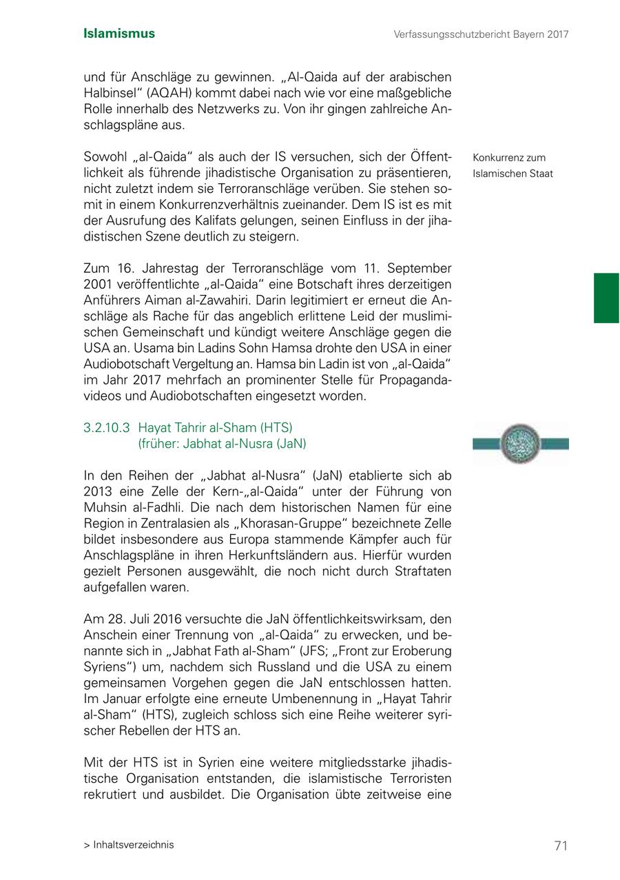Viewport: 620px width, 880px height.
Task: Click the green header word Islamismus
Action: coord(119,34)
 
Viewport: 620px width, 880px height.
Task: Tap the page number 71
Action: coord(561,846)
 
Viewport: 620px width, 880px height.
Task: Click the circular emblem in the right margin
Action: coord(520,444)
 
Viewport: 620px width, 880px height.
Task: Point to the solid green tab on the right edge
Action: coord(606,298)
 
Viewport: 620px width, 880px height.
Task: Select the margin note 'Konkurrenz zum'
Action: coord(509,158)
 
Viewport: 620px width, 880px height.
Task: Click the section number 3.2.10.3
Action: coord(106,428)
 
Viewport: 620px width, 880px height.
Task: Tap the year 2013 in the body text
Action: coord(98,491)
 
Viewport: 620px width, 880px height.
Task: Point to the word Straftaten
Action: coord(423,571)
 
